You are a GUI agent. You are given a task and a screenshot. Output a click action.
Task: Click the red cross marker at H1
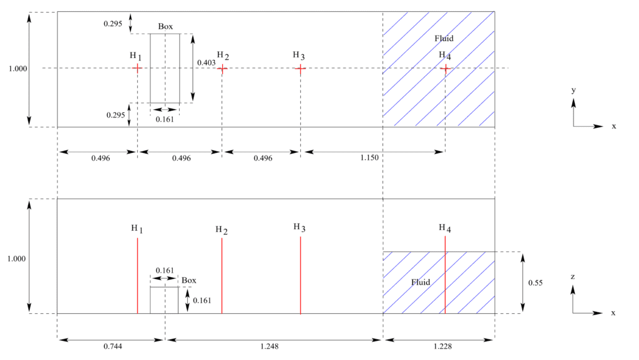pyautogui.click(x=137, y=68)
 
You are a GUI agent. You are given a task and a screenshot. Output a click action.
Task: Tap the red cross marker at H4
pyautogui.click(x=445, y=68)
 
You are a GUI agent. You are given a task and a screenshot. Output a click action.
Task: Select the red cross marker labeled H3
pyautogui.click(x=300, y=68)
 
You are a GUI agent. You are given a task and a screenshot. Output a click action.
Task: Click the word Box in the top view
pyautogui.click(x=165, y=27)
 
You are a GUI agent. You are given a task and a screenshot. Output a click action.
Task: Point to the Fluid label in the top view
pyautogui.click(x=444, y=39)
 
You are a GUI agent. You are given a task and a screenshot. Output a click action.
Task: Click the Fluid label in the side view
pyautogui.click(x=421, y=283)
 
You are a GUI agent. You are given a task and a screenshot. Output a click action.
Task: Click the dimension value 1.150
pyautogui.click(x=369, y=158)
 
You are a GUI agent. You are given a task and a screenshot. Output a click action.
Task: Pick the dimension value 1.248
pyautogui.click(x=273, y=346)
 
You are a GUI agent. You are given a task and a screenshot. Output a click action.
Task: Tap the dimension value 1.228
pyautogui.click(x=438, y=346)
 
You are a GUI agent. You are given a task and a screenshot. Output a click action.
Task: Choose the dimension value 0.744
pyautogui.click(x=110, y=346)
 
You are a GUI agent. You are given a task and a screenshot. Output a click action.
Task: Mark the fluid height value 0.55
pyautogui.click(x=535, y=283)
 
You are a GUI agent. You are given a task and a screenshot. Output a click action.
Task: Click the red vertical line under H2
pyautogui.click(x=222, y=275)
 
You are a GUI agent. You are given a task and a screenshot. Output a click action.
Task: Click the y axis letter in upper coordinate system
pyautogui.click(x=573, y=90)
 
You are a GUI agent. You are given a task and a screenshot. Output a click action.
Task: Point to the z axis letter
pyautogui.click(x=573, y=275)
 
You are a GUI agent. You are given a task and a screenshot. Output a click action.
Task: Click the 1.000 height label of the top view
pyautogui.click(x=18, y=69)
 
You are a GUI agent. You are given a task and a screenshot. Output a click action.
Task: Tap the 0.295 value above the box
pyautogui.click(x=113, y=23)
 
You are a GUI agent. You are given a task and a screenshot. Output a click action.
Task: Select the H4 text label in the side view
pyautogui.click(x=444, y=228)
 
